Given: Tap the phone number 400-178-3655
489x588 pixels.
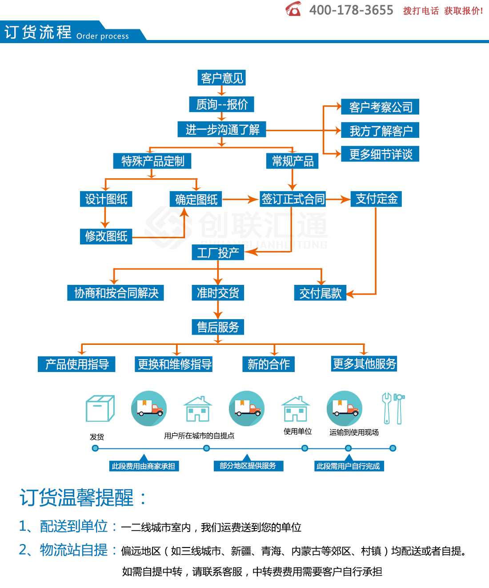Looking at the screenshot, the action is (x=351, y=10).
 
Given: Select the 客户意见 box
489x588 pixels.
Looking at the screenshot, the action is (x=221, y=78).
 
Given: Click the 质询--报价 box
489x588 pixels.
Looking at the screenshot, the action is (x=221, y=104).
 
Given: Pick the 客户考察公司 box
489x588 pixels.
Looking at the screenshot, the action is (x=380, y=107).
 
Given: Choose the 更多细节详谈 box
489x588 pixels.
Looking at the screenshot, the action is (x=380, y=154).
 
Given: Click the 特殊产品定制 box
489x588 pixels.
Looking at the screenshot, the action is (x=152, y=161).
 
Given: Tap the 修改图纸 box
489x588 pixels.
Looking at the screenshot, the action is (x=106, y=236).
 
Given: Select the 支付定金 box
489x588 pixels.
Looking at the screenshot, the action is (x=376, y=199).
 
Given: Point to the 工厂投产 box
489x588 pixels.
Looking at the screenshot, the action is (x=218, y=252).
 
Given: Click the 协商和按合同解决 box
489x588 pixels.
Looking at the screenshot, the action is (x=116, y=293).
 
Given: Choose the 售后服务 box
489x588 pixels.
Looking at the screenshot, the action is (x=218, y=327).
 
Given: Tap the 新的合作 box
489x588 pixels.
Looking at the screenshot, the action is (x=269, y=364).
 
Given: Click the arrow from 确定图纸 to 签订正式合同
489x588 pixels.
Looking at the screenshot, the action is (x=240, y=200).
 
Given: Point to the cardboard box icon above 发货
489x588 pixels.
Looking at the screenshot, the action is (x=100, y=408).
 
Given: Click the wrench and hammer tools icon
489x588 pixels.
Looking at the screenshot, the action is (x=393, y=408).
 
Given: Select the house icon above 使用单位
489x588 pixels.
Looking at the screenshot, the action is (x=296, y=409).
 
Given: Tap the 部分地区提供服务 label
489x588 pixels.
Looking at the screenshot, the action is (x=248, y=466).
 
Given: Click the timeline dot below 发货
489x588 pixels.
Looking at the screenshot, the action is (x=95, y=448).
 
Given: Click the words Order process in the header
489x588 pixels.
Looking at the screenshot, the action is (x=103, y=36).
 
